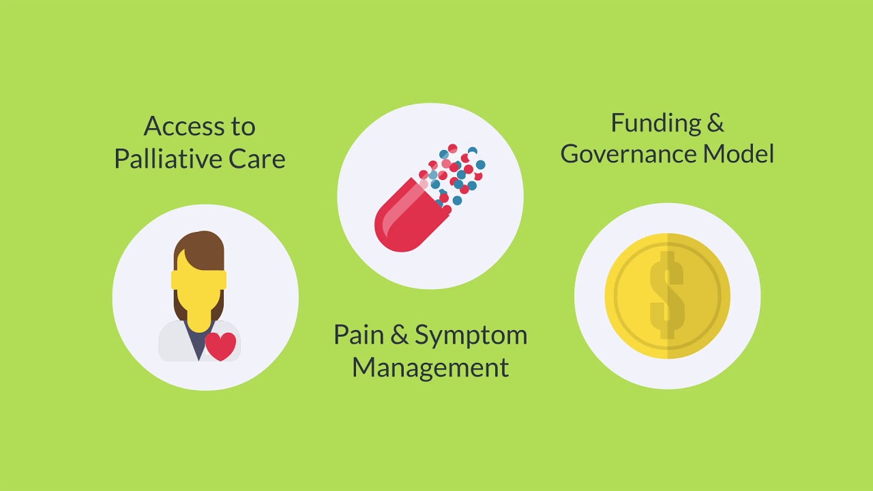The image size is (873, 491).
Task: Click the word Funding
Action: [646, 123]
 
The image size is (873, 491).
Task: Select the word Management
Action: [430, 368]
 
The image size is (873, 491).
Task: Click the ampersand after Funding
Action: [715, 123]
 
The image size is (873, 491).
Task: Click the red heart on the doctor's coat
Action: [220, 346]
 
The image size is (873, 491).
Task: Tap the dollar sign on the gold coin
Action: [666, 295]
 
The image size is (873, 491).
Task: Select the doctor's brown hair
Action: [198, 249]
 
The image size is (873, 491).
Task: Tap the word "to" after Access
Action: [242, 126]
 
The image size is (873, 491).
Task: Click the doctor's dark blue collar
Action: [197, 344]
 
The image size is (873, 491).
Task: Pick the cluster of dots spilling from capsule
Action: [456, 174]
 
